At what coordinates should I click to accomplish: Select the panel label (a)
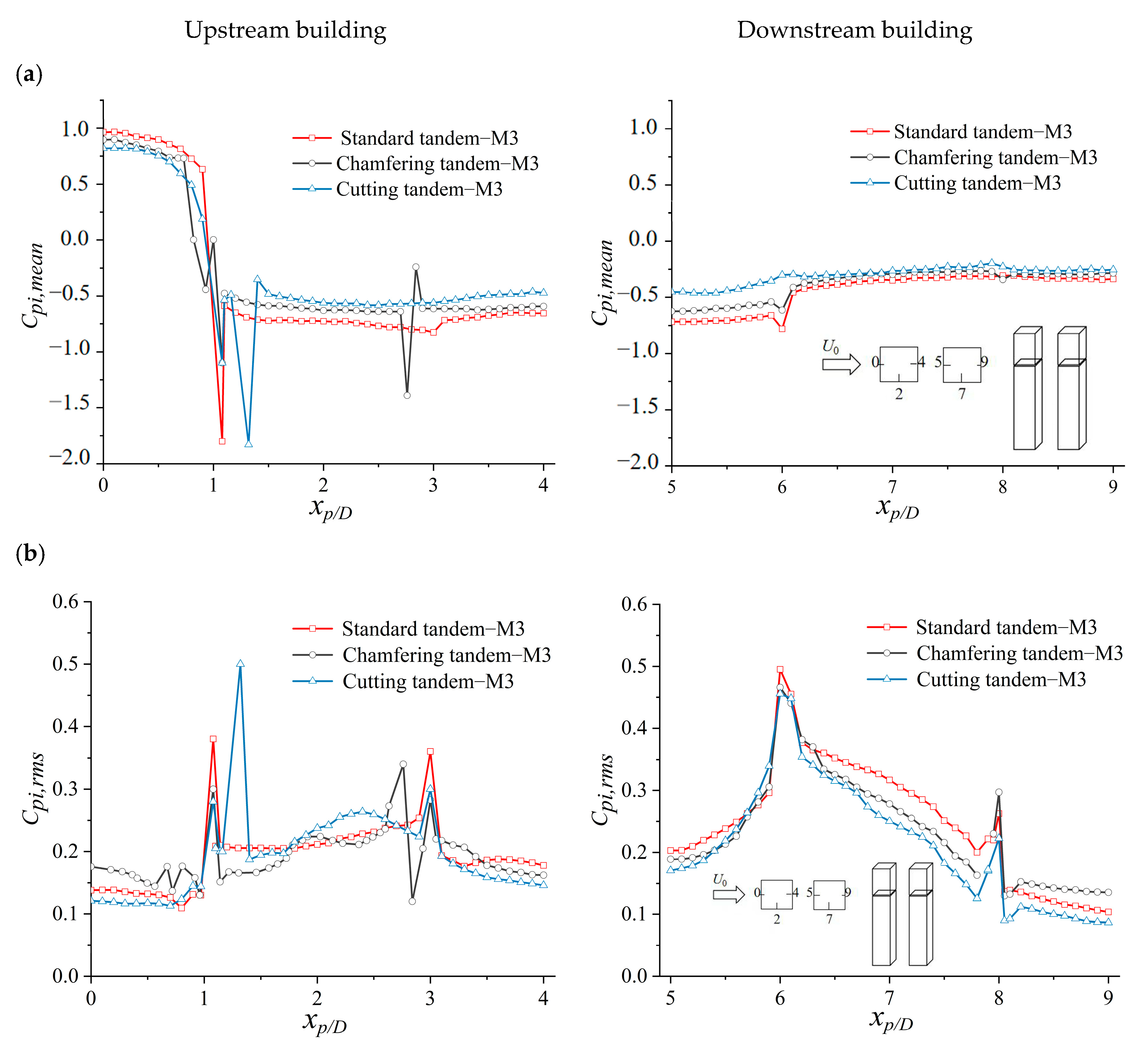tap(30, 74)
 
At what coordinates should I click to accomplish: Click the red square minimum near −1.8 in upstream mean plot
tap(222, 441)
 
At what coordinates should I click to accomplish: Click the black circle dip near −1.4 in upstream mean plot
tap(407, 395)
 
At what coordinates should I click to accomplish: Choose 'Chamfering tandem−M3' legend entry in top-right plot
tap(974, 157)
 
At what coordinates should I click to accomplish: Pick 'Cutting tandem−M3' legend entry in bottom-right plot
tap(976, 679)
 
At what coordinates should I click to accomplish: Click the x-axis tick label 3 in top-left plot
tap(433, 485)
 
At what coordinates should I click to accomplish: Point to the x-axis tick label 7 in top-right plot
tap(892, 487)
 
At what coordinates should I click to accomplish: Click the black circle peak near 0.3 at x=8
tap(999, 792)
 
